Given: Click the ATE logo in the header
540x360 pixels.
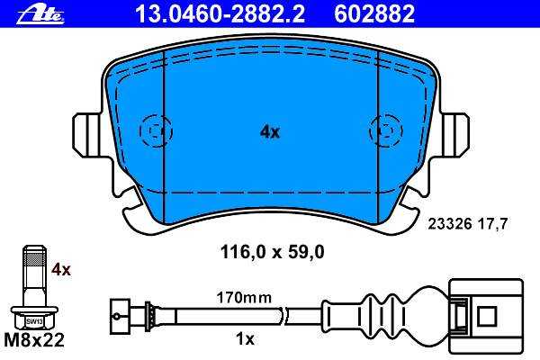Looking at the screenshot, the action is [x=40, y=14].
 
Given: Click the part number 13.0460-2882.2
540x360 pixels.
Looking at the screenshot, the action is [x=220, y=13].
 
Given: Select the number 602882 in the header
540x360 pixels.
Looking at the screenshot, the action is [x=374, y=13].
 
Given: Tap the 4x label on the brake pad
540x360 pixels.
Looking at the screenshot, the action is [x=270, y=131].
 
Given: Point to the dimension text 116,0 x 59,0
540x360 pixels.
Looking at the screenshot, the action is [x=272, y=252].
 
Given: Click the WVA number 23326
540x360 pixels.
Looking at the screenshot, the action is [x=449, y=224].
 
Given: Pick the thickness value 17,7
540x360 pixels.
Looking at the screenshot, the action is [x=492, y=224].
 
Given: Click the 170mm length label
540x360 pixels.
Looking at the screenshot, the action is [x=244, y=298].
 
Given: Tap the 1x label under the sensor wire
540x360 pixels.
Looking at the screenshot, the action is [x=245, y=339].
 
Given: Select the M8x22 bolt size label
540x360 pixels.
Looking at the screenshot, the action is [x=34, y=340].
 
